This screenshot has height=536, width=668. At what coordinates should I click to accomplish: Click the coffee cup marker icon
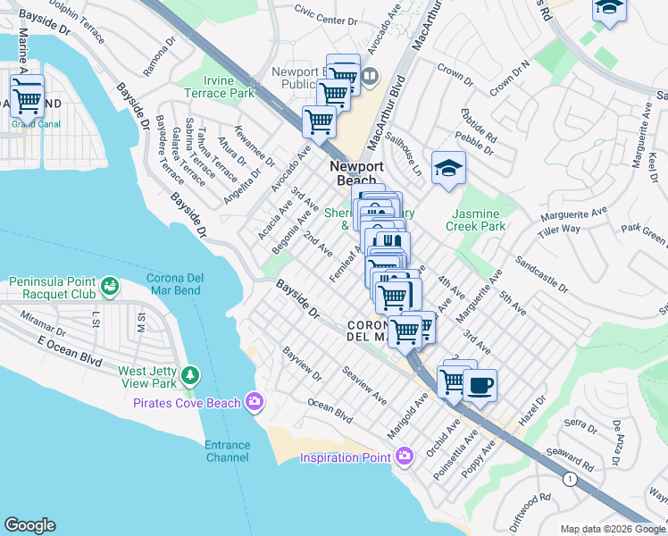pyautogui.click(x=480, y=385)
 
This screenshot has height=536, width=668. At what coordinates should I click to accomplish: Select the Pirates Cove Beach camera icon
pyautogui.click(x=256, y=403)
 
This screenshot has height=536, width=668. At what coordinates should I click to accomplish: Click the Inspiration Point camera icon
pyautogui.click(x=405, y=457)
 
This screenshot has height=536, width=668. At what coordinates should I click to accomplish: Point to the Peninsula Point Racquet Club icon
pyautogui.click(x=109, y=287)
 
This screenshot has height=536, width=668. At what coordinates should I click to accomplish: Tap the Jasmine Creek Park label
pyautogui.click(x=480, y=220)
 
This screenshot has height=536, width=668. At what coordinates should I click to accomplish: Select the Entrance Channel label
pyautogui.click(x=227, y=451)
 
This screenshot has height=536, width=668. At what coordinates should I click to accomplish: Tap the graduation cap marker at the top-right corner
pyautogui.click(x=610, y=7)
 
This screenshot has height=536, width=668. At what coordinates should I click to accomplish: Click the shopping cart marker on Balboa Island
pyautogui.click(x=27, y=94)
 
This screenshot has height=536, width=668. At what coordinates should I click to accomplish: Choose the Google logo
pyautogui.click(x=29, y=525)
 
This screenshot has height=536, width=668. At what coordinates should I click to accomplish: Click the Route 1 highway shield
pyautogui.click(x=568, y=480)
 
